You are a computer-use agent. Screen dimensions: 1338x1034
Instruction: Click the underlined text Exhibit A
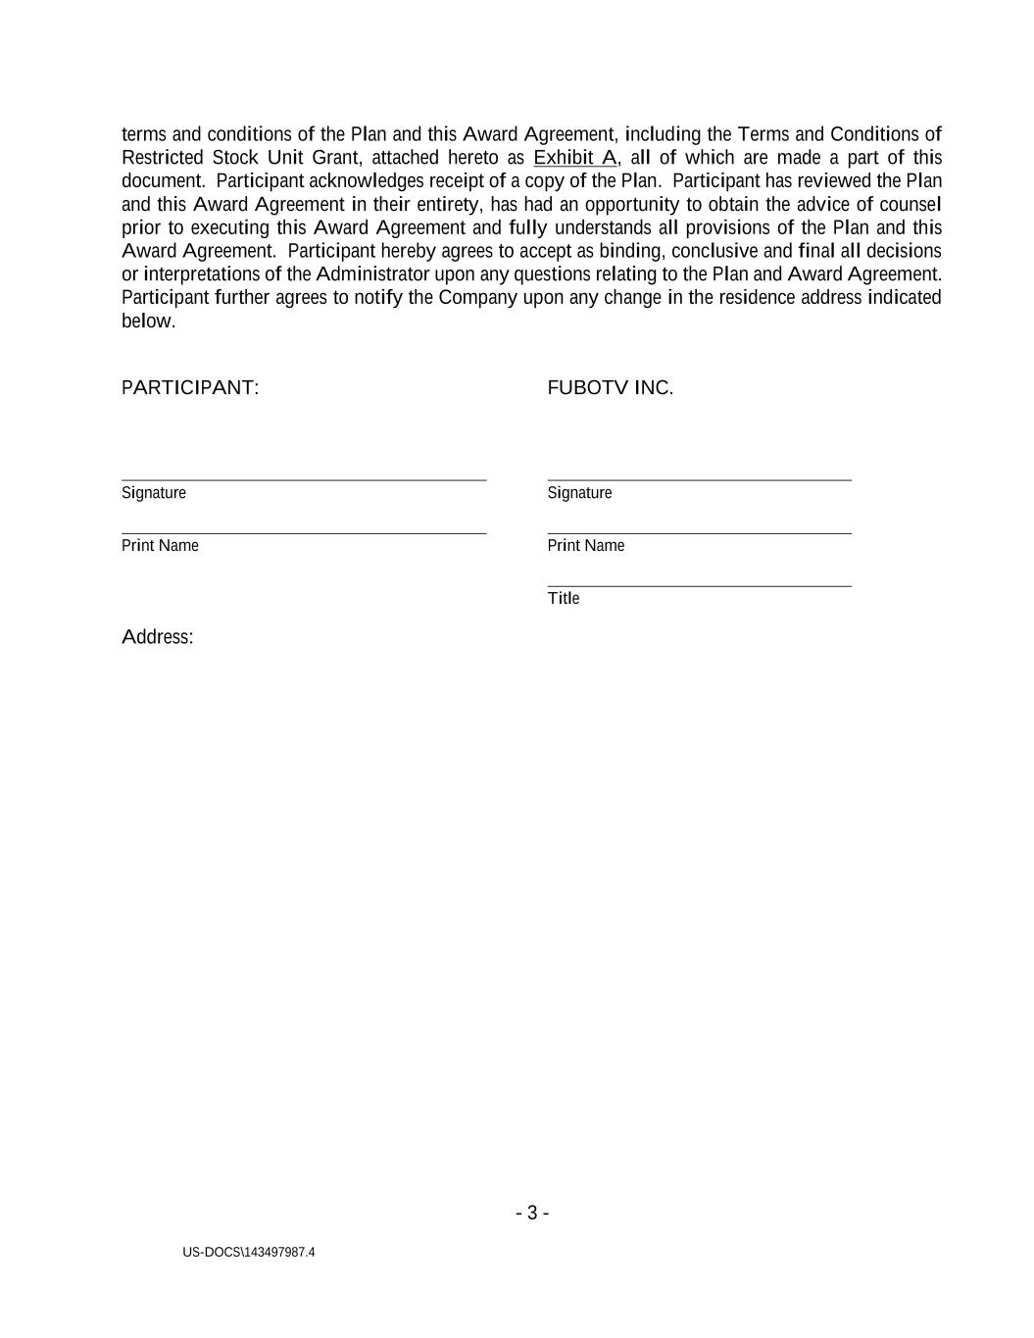point(574,158)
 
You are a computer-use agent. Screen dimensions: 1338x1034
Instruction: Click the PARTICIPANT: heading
point(190,388)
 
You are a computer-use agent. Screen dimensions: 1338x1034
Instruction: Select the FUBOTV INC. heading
point(610,388)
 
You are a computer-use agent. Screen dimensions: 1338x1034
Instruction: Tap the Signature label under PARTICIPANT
point(154,493)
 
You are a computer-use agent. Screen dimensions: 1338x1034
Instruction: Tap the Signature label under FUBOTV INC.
point(579,493)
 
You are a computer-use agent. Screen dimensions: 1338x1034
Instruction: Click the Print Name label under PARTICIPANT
point(160,546)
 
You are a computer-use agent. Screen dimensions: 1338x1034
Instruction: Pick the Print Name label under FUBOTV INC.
point(585,546)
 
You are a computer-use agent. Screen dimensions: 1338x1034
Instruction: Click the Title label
point(564,599)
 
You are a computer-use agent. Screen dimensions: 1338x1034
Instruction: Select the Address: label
point(158,637)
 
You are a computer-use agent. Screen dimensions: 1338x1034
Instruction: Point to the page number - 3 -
point(532,1214)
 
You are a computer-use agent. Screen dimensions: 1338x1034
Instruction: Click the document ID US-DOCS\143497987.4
point(249,1253)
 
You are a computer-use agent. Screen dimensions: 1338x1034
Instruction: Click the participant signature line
point(304,480)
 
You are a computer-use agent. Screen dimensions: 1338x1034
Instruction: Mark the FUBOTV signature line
point(699,480)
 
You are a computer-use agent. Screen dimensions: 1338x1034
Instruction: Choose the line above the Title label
point(699,586)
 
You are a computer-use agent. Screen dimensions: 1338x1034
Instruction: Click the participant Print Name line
point(304,533)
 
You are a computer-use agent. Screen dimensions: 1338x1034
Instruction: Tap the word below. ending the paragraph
point(148,322)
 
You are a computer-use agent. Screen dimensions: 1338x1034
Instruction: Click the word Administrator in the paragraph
point(372,274)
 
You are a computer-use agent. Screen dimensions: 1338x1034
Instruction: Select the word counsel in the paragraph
point(911,205)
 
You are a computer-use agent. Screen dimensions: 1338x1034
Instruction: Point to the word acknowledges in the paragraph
point(366,181)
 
